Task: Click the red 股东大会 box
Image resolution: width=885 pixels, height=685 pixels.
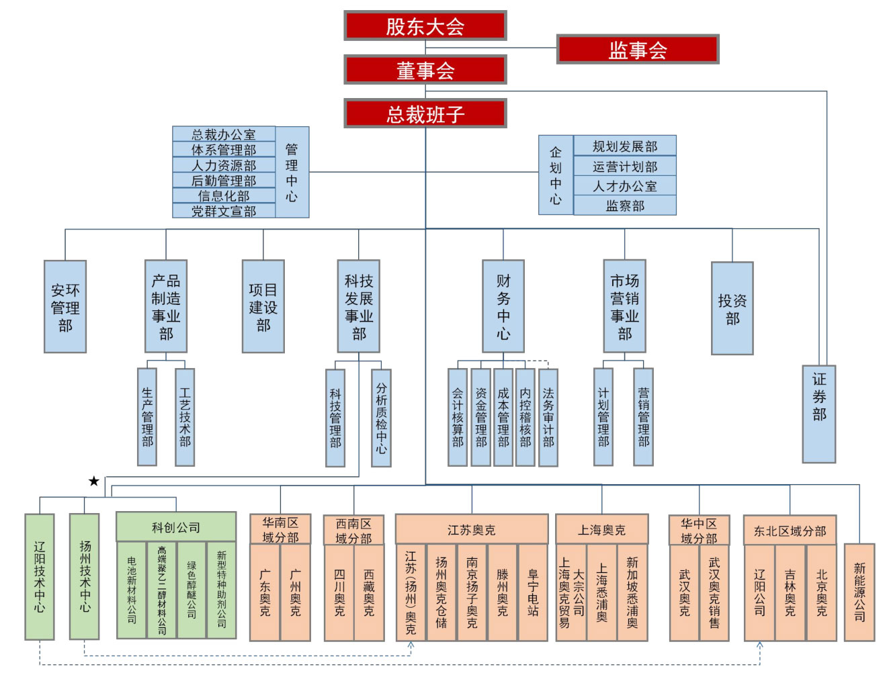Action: pos(425,26)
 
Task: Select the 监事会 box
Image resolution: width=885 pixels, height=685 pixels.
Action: pos(637,50)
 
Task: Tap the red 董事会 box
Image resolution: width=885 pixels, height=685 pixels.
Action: pos(425,70)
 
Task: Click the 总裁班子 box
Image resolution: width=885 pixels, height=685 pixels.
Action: pos(425,113)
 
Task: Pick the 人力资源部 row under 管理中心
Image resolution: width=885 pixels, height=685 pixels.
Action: pos(224,165)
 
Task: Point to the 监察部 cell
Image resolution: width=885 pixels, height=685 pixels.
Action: pos(624,205)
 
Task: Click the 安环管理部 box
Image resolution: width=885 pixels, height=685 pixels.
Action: pos(65,307)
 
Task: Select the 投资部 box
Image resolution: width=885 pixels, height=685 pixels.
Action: pos(732,308)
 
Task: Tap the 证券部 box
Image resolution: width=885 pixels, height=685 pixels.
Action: pos(818,414)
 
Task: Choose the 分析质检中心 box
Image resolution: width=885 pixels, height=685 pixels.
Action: pos(381,418)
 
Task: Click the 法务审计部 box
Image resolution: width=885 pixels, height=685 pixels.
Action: pos(548,417)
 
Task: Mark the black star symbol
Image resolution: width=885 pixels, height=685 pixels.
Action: pos(94,481)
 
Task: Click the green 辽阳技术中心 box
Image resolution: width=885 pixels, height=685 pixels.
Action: pos(40,577)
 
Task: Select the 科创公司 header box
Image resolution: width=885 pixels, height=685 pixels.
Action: pos(176,527)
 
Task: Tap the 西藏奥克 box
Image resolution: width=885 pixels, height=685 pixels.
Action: pos(369,592)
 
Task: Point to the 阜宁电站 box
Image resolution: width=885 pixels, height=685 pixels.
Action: pos(533,592)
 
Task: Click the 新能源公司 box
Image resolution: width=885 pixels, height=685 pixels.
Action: pos(859,592)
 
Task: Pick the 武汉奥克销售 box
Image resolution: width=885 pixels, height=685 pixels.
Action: pos(714,592)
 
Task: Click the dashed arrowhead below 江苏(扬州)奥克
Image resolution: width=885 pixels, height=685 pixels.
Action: pos(411,645)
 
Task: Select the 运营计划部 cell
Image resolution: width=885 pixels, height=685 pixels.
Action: pos(624,167)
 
